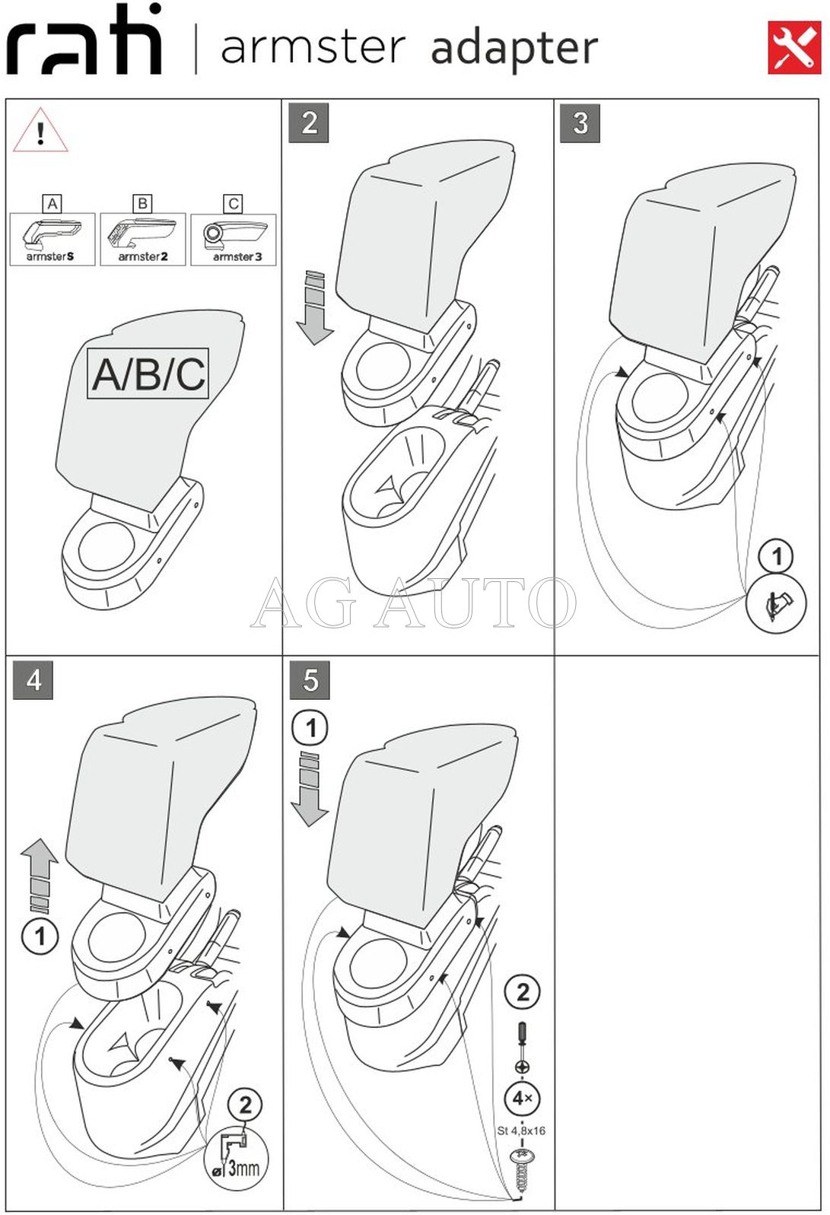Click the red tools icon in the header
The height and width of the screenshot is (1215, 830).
click(793, 48)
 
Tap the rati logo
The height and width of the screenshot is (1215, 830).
click(84, 39)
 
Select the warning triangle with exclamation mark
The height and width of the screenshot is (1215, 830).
click(40, 130)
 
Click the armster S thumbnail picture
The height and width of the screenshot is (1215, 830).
click(52, 239)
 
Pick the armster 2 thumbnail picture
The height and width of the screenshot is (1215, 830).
click(143, 239)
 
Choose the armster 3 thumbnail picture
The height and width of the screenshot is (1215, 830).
click(234, 239)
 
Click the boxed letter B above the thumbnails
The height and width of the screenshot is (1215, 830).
click(143, 203)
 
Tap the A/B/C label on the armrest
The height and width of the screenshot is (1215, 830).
click(148, 374)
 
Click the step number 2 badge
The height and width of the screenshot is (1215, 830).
click(309, 123)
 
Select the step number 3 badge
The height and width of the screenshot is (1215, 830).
click(580, 123)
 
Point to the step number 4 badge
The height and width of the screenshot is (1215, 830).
click(33, 679)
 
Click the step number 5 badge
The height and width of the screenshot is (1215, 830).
click(310, 679)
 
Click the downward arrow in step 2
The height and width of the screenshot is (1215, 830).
click(315, 307)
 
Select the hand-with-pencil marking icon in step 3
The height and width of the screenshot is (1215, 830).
click(776, 603)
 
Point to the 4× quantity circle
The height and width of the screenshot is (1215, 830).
click(523, 1099)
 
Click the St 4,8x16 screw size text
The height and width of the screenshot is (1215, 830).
click(521, 1131)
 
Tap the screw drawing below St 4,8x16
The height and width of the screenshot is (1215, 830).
click(521, 1174)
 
